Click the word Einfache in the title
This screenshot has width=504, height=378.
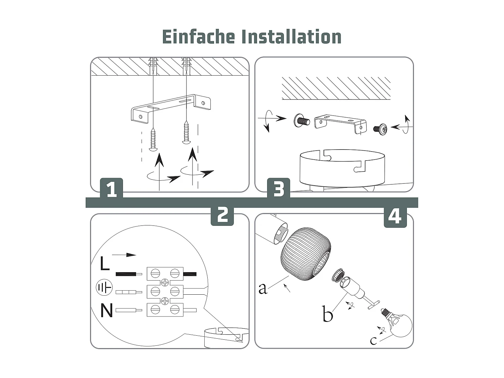point(199,37)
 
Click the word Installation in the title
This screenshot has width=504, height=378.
point(292,37)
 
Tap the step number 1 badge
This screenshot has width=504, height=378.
point(112,188)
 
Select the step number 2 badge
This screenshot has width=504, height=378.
point(222,216)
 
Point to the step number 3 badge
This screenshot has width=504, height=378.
point(279,188)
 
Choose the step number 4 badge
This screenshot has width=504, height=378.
point(395,217)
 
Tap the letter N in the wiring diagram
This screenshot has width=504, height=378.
point(107,310)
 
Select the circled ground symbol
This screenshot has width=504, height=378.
point(104,287)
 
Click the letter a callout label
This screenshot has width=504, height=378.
point(263,289)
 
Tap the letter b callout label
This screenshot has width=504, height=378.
point(328,313)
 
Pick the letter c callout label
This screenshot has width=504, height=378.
point(373,341)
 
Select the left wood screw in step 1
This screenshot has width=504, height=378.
point(153,139)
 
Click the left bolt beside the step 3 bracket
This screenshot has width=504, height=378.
point(301,120)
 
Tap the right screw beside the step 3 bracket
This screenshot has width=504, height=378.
point(380,129)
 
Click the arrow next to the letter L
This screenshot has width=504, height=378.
point(124,255)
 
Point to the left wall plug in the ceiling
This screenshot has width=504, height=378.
point(153,66)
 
